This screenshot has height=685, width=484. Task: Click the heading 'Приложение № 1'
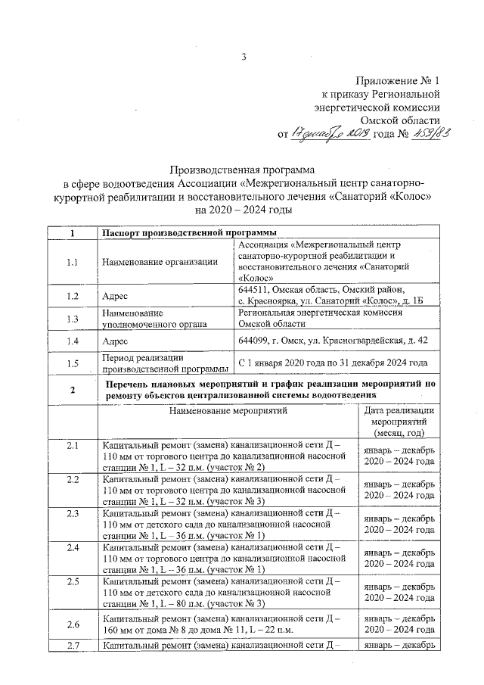tap(397, 81)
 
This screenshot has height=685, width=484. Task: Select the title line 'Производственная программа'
tap(242, 170)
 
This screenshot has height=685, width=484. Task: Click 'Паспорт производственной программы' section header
tap(189, 233)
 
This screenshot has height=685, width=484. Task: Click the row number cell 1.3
tap(73, 319)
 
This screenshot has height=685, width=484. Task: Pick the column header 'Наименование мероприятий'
tap(228, 412)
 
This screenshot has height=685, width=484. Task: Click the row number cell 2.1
tap(73, 445)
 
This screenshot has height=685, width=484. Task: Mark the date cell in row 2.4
tap(398, 559)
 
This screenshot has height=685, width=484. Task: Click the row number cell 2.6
tap(73, 624)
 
